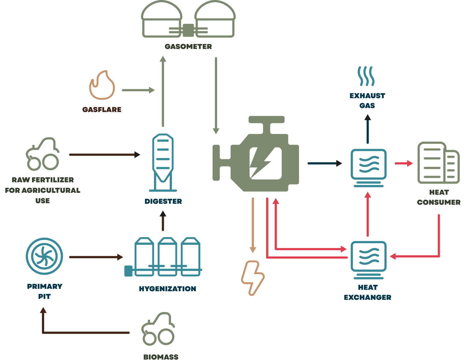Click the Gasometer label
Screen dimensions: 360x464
[x=188, y=47]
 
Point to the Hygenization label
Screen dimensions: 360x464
[x=167, y=289]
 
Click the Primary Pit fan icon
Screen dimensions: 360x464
[x=44, y=256]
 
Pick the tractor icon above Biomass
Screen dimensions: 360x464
[x=158, y=328]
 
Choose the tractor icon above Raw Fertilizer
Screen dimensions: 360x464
[x=42, y=154]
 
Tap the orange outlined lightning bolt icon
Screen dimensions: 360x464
[x=253, y=278]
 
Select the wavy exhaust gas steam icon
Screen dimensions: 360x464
[x=366, y=76]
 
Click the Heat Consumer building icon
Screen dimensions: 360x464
[x=438, y=163]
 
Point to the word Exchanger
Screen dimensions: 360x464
[x=368, y=298]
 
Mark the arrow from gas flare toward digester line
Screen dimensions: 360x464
[x=138, y=90]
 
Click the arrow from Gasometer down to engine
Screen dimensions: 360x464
[x=216, y=96]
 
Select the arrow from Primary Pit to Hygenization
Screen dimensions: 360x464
[x=96, y=257]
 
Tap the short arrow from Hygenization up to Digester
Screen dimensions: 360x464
[x=163, y=221]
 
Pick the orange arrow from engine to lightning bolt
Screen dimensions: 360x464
[x=253, y=225]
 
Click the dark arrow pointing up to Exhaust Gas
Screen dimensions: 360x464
[x=368, y=129]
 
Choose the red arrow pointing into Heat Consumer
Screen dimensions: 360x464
[x=404, y=163]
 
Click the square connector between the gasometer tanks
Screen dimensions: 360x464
[x=188, y=30]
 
